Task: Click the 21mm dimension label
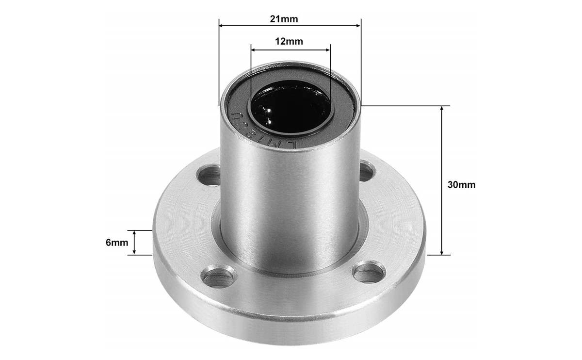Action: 290,19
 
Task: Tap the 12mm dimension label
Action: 289,41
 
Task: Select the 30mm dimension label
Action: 461,185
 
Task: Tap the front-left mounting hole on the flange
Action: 218,277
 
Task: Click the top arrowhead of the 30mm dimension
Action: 441,108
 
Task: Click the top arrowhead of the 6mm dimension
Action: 135,232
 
